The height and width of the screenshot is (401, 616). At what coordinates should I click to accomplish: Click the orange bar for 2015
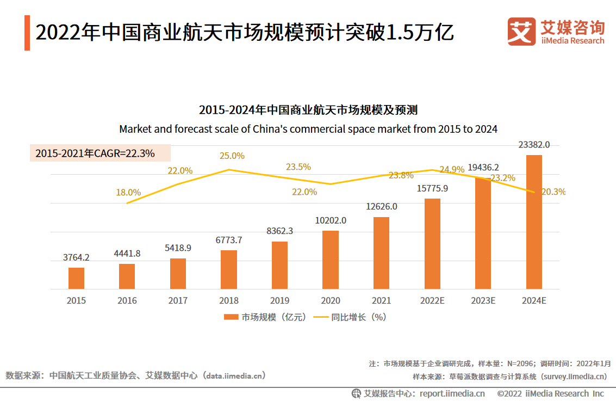pyautogui.click(x=76, y=278)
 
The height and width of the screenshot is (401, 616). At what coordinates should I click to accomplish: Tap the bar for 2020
pyautogui.click(x=331, y=260)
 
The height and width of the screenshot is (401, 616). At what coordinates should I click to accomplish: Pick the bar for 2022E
pyautogui.click(x=432, y=244)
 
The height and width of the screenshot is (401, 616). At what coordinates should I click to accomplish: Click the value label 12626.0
pyautogui.click(x=382, y=207)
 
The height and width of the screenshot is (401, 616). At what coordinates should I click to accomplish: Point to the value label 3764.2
pyautogui.click(x=76, y=257)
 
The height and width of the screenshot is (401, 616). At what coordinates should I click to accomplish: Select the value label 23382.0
pyautogui.click(x=534, y=145)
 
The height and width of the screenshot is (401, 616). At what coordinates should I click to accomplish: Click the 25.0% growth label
pyautogui.click(x=232, y=156)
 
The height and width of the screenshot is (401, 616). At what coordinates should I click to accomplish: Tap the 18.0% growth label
pyautogui.click(x=128, y=192)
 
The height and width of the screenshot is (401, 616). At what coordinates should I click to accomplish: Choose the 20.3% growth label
pyautogui.click(x=553, y=192)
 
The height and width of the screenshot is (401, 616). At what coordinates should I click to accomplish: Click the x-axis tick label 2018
pyautogui.click(x=229, y=300)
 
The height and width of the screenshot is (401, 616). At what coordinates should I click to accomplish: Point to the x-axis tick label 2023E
pyautogui.click(x=483, y=300)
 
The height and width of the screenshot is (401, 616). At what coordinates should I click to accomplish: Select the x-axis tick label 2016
pyautogui.click(x=127, y=300)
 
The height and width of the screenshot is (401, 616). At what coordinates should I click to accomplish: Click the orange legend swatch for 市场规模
pyautogui.click(x=231, y=317)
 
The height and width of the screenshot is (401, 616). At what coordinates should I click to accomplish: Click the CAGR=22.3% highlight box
pyautogui.click(x=100, y=153)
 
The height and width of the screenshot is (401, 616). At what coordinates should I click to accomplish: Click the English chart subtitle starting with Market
pyautogui.click(x=308, y=129)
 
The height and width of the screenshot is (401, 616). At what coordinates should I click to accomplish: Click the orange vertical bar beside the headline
pyautogui.click(x=27, y=33)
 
